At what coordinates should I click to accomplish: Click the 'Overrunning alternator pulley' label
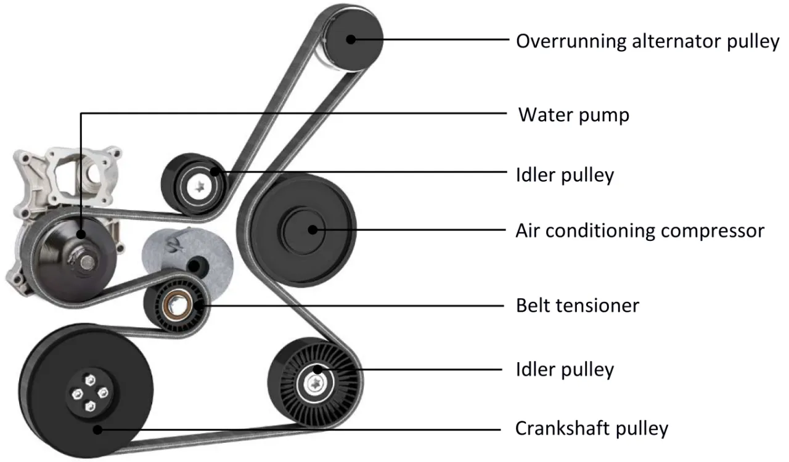647,41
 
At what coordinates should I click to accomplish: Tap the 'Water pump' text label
574,115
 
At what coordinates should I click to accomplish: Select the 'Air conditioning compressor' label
640,231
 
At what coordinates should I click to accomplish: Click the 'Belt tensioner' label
578,306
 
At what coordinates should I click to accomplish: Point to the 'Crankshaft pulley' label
592,429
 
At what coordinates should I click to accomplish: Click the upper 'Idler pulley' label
565,175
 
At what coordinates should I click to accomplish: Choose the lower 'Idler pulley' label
565,370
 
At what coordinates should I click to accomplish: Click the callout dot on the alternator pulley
351,39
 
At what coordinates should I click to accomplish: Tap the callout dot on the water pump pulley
81,234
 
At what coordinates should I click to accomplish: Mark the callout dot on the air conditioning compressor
313,230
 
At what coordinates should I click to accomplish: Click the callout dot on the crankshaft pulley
97,429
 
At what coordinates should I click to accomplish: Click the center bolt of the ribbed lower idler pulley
315,383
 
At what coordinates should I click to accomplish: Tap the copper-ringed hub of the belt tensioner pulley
175,304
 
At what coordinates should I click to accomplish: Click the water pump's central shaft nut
87,262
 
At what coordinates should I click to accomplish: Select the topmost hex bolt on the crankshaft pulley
90,380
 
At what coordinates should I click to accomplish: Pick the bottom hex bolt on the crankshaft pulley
90,406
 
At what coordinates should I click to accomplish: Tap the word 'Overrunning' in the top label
571,41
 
